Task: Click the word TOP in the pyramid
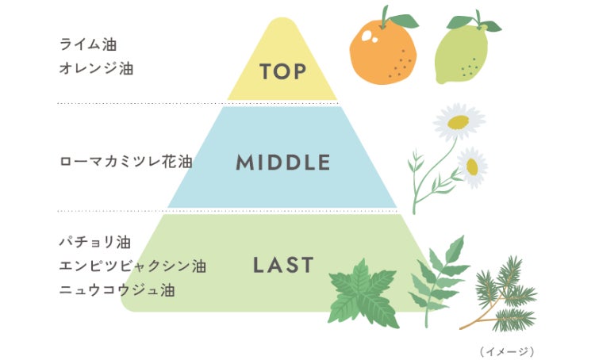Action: point(282,71)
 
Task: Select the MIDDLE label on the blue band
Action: point(282,163)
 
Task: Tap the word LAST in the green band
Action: point(283,265)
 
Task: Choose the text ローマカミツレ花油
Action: point(126,163)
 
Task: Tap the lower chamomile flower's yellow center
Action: point(473,167)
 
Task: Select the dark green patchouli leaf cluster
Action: point(364,293)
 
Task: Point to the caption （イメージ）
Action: point(507,350)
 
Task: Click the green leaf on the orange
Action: point(403,21)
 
